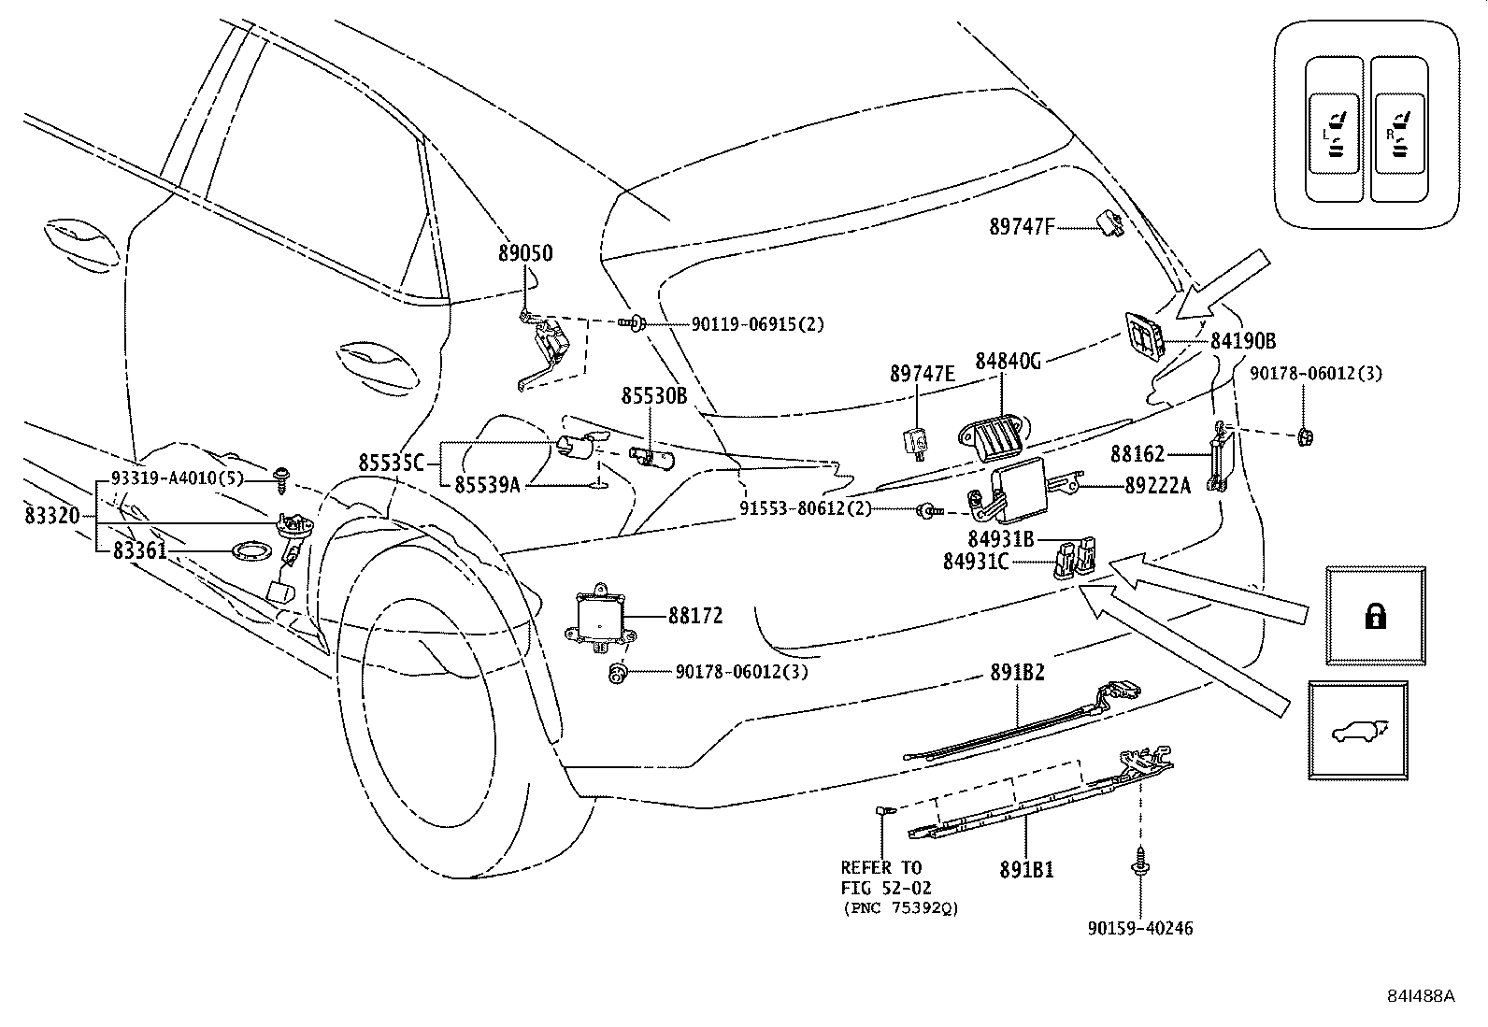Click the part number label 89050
pyautogui.click(x=525, y=253)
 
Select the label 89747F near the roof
pyautogui.click(x=1022, y=225)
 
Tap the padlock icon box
pyautogui.click(x=1375, y=616)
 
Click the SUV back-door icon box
pyautogui.click(x=1358, y=730)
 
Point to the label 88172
pyautogui.click(x=694, y=617)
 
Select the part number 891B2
pyautogui.click(x=1017, y=673)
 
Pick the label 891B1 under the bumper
pyautogui.click(x=1026, y=868)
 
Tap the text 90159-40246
pyautogui.click(x=1139, y=928)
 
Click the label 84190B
pyautogui.click(x=1243, y=341)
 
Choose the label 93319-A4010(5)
pyautogui.click(x=176, y=478)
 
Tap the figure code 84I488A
pyautogui.click(x=1420, y=996)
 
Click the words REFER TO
pyautogui.click(x=880, y=867)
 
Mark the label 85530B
pyautogui.click(x=654, y=396)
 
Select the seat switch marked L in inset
pyautogui.click(x=1335, y=131)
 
